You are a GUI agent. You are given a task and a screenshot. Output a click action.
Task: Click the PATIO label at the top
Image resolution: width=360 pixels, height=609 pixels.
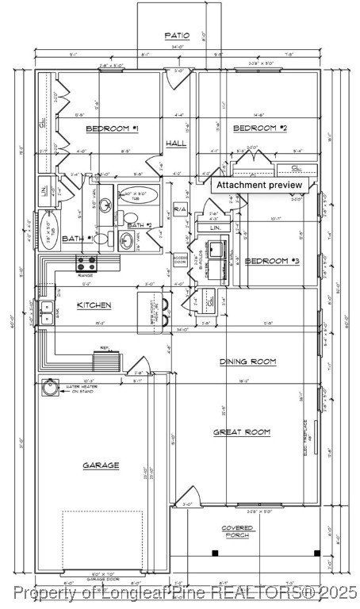(176, 36)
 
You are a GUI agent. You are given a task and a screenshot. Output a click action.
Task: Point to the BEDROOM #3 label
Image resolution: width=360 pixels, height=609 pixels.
(272, 261)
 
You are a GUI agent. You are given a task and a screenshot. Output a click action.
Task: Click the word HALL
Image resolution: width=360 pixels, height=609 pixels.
(176, 143)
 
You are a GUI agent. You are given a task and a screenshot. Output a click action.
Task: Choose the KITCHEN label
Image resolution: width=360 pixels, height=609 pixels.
(94, 305)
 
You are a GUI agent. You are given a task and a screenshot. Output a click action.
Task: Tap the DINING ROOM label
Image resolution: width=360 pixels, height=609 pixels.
(247, 362)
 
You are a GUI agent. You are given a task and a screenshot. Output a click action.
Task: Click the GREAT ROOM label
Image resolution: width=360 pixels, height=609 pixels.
(242, 432)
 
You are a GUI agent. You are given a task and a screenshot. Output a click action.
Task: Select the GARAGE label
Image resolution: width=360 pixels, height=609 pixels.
(101, 465)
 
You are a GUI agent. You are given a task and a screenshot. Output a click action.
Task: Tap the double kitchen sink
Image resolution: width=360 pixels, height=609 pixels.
(47, 308)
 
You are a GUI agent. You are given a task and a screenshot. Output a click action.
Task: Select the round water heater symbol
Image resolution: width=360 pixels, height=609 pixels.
(52, 389)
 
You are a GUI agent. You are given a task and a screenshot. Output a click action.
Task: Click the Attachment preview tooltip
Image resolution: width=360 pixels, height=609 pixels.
(259, 185)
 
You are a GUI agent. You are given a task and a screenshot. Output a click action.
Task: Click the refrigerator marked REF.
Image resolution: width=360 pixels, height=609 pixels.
(105, 360)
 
